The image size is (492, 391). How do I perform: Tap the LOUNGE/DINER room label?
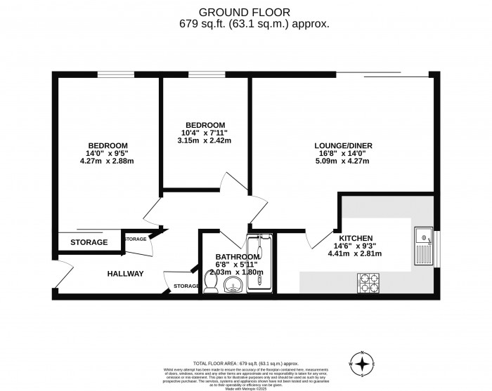pos(343,146)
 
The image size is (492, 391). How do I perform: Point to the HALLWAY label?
pos(126,274)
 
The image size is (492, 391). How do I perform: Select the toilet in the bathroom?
pos(209,280)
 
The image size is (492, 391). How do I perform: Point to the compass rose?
pos(362,364)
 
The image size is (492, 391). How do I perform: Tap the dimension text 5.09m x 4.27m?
pos(343,161)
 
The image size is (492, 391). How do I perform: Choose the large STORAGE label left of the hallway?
pos(89,243)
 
